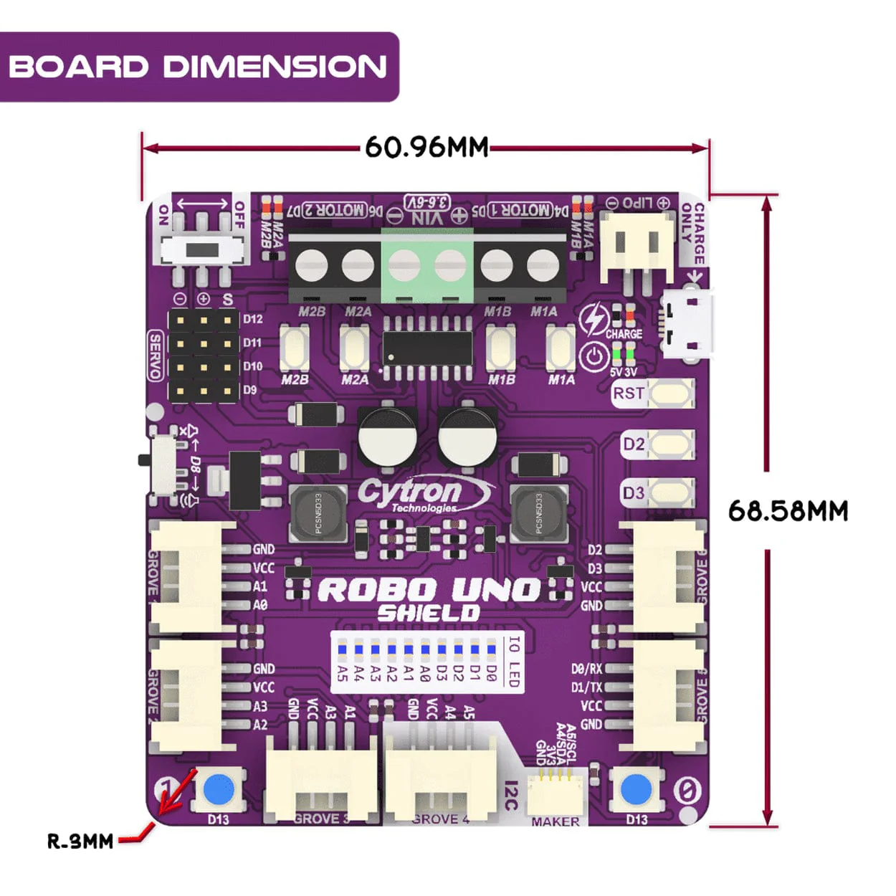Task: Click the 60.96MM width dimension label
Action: pyautogui.click(x=426, y=147)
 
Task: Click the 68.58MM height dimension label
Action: pyautogui.click(x=788, y=510)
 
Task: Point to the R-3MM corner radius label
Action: pyautogui.click(x=80, y=840)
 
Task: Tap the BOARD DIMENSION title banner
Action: pyautogui.click(x=198, y=67)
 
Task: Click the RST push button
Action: pyautogui.click(x=670, y=394)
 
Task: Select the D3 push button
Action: pyautogui.click(x=670, y=493)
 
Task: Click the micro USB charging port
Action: pyautogui.click(x=687, y=323)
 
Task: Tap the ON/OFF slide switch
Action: pyautogui.click(x=203, y=250)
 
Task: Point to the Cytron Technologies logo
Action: pyautogui.click(x=423, y=495)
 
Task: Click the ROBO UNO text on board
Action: pyautogui.click(x=428, y=590)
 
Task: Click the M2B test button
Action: pyautogui.click(x=295, y=348)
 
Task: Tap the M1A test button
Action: pyautogui.click(x=561, y=348)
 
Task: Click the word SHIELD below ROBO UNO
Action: pyautogui.click(x=428, y=614)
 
